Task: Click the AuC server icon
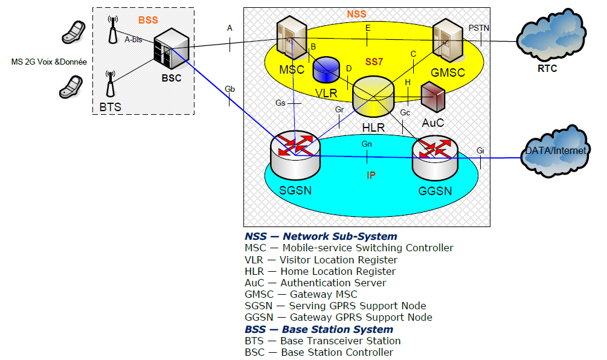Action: click(x=433, y=97)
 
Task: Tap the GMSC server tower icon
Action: click(x=448, y=39)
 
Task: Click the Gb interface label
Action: click(x=230, y=89)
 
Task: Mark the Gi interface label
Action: click(x=480, y=150)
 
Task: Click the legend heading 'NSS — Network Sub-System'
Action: click(x=321, y=236)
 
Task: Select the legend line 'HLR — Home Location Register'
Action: click(x=320, y=271)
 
